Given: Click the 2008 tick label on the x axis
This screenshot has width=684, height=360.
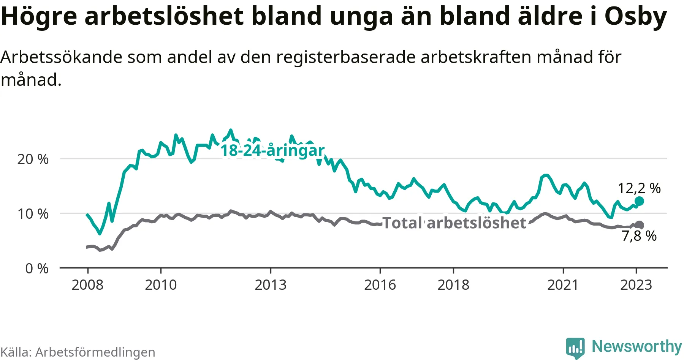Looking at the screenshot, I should point(87,285).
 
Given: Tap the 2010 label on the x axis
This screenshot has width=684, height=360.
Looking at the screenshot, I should point(161,285).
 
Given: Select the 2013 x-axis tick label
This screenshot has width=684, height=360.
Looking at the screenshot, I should point(271,285).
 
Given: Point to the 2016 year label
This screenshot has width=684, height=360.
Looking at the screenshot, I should point(380,285).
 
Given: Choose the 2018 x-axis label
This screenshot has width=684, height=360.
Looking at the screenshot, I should point(453,285).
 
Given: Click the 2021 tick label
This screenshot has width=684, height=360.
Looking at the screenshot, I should point(563,285).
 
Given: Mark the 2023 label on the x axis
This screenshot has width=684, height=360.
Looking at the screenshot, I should point(636,285).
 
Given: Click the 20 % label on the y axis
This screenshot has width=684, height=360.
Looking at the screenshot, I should point(33,159).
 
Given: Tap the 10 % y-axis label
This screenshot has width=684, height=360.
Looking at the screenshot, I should point(33,214).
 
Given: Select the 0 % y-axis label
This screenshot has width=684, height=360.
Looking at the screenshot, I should point(37,268).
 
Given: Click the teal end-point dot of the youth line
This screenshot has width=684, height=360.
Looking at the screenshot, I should point(639,201).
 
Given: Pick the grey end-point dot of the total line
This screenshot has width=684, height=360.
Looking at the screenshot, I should point(640,225).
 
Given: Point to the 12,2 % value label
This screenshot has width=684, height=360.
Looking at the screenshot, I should point(639,188).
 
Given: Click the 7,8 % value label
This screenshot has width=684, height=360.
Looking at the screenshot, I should point(639,236).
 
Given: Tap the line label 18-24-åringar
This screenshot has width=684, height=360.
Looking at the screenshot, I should point(272,150).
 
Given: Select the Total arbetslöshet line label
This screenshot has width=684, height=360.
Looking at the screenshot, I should point(454,223).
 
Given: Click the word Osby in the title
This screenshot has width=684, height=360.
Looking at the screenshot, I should point(635,16).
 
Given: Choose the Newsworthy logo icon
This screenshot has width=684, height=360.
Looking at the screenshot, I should point(575,347).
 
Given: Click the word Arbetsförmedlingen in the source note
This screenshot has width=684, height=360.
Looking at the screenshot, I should point(95,352).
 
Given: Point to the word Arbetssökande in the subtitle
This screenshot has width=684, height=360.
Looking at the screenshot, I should point(62,57).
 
